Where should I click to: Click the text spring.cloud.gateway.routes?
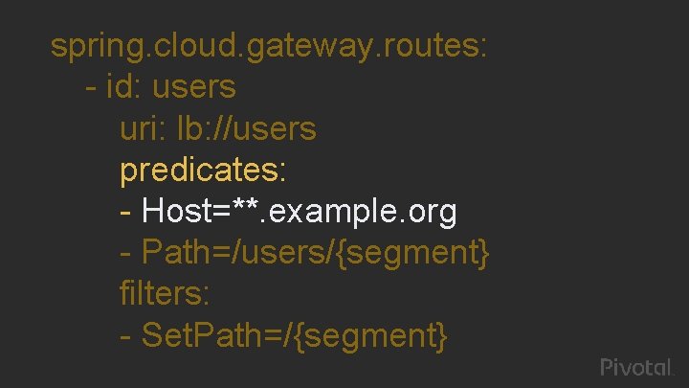coord(269,46)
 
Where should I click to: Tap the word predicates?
coord(202,171)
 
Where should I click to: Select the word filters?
coord(166,293)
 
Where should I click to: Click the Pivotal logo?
coord(637,367)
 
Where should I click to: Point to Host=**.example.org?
coord(300,211)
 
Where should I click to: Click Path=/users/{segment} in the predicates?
coord(316,253)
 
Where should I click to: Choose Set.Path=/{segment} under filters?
coord(294,335)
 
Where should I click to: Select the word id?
coord(123,87)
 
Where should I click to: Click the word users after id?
coord(193,87)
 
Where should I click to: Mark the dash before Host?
coord(126,212)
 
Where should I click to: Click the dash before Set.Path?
coord(126,336)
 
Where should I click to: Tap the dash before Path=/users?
coord(126,254)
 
